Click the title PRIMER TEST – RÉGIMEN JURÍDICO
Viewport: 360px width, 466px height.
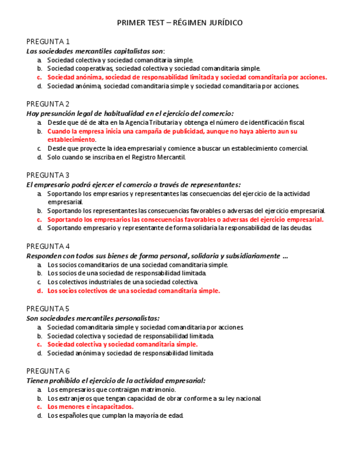tap(180, 23)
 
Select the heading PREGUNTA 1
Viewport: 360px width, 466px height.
tap(48, 42)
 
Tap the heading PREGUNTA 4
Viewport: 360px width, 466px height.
tap(48, 246)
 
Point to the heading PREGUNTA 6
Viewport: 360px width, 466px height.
tap(48, 371)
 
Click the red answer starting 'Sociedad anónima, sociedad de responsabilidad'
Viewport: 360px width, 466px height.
tap(187, 77)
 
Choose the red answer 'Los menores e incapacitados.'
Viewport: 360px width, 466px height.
tap(90, 407)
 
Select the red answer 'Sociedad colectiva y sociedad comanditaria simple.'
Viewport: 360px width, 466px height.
tap(122, 345)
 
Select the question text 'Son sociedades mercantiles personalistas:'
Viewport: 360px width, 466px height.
tap(93, 318)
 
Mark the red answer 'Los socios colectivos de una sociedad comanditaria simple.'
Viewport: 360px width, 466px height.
tap(134, 291)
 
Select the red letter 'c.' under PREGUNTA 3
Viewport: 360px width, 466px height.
tap(40, 220)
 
